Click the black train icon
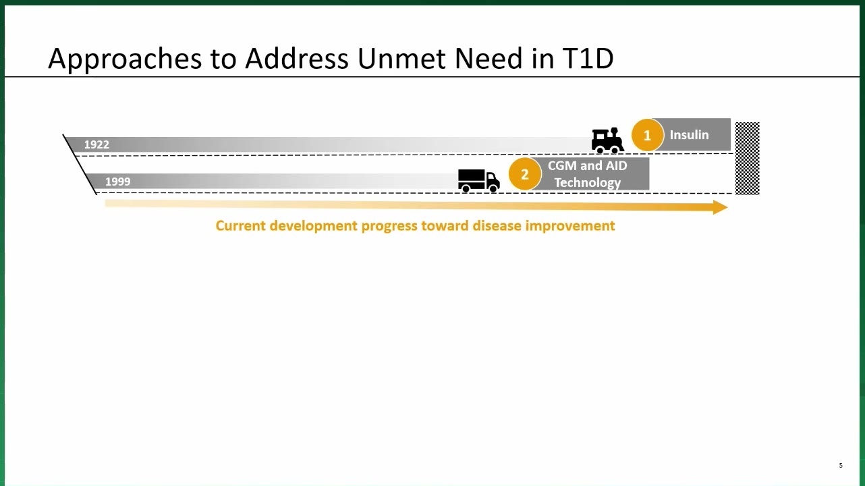607,140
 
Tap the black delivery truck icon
479,181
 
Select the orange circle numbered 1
648,135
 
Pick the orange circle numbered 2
525,174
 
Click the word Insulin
690,135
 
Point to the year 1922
96,144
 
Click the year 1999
118,182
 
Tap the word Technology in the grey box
588,183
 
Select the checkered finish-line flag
747,159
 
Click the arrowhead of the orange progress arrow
721,207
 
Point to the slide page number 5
841,466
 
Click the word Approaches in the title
125,59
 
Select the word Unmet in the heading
401,58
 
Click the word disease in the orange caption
497,225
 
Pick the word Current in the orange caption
240,225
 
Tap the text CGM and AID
588,166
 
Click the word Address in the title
297,58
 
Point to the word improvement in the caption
570,226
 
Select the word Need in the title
489,58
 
